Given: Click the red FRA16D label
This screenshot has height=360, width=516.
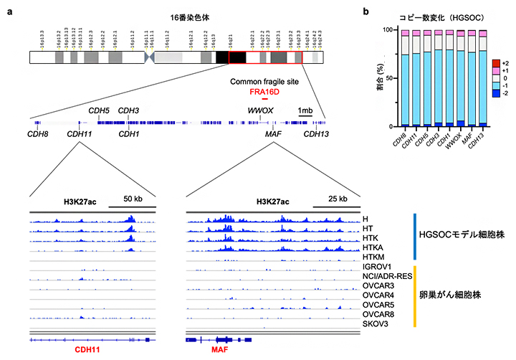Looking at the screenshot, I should point(264,93).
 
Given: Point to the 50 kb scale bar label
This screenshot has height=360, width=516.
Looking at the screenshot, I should point(135,199).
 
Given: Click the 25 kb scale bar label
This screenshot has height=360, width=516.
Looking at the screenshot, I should point(337,199).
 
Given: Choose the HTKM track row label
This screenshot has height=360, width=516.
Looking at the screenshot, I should point(376,255).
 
